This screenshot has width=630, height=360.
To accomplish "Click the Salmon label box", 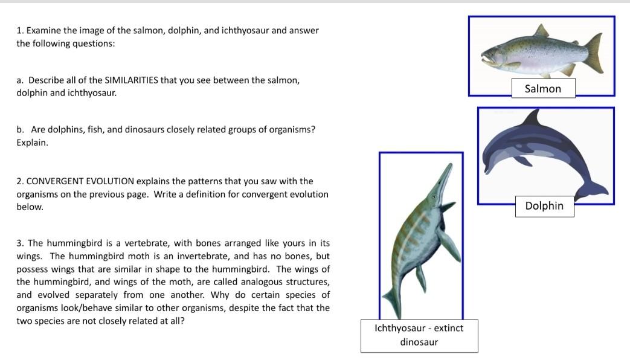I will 542,89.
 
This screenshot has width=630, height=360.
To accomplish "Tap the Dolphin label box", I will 544,206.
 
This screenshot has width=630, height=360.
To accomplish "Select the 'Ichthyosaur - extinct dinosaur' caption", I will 419,335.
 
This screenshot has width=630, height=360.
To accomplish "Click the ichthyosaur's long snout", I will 443,176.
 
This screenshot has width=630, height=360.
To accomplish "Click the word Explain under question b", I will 32,143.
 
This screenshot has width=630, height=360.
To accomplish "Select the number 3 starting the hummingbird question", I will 19,243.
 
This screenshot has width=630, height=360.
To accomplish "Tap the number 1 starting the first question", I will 19,31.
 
